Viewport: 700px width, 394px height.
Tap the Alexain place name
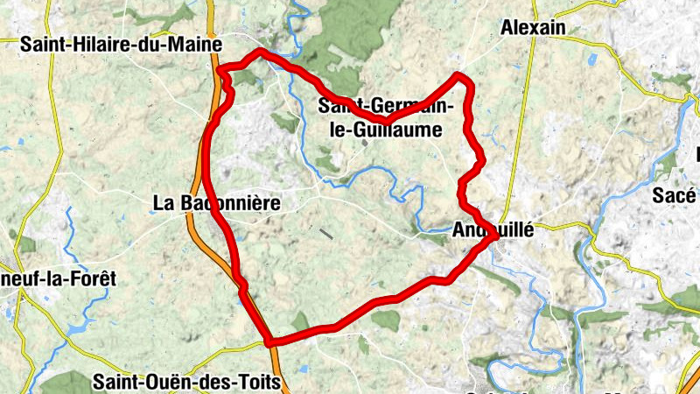[x=533, y=28]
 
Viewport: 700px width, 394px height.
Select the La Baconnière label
[x=216, y=203]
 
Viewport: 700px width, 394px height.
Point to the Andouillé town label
[x=493, y=232]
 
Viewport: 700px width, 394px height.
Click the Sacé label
[x=674, y=196]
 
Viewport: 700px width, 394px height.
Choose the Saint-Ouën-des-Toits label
[x=186, y=382]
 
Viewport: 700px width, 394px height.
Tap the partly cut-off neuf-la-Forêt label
[x=58, y=278]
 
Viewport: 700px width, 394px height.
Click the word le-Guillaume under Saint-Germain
[x=380, y=129]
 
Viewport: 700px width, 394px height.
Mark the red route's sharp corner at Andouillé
[x=496, y=236]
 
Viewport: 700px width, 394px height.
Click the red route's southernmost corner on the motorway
[x=269, y=341]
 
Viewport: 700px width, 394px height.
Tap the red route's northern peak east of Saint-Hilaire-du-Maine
[x=260, y=53]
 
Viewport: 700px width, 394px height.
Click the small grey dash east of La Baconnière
[x=326, y=234]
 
